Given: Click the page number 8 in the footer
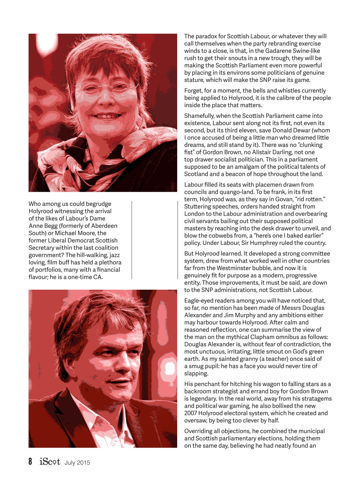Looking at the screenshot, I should pyautogui.click(x=30, y=461).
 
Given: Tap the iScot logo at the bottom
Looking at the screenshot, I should pyautogui.click(x=50, y=461).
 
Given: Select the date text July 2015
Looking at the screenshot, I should pyautogui.click(x=77, y=463).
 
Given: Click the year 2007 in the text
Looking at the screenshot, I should pyautogui.click(x=191, y=413).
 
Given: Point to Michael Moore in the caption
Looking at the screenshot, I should pyautogui.click(x=75, y=233).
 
